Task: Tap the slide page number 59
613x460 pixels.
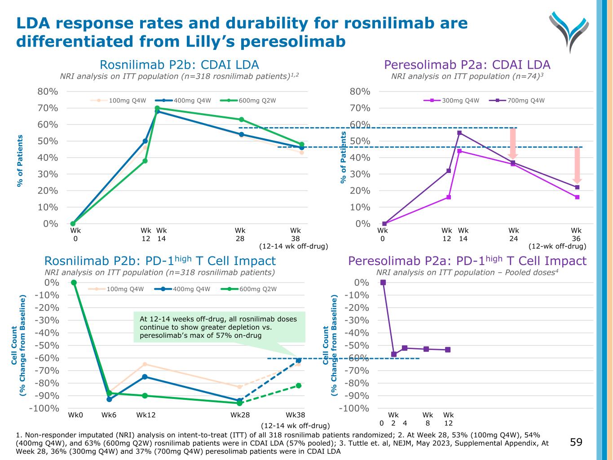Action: [x=576, y=442]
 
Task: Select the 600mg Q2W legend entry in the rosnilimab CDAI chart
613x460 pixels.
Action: [x=257, y=101]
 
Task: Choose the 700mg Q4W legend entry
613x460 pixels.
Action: [x=526, y=101]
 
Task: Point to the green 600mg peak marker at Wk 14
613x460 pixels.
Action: [x=157, y=108]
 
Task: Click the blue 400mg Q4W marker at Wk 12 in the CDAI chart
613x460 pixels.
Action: [x=145, y=141]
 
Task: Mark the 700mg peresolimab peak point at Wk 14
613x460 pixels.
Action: [x=459, y=133]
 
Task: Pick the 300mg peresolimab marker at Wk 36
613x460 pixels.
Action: [x=577, y=197]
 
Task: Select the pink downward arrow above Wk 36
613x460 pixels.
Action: [x=578, y=165]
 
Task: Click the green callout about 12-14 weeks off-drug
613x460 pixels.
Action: [x=219, y=327]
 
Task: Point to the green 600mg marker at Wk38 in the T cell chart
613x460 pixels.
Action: [x=298, y=385]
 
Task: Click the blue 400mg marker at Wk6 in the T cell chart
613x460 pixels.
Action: [x=109, y=399]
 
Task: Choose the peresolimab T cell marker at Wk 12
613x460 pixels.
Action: [x=448, y=349]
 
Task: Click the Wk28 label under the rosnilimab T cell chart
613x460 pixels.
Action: [x=240, y=415]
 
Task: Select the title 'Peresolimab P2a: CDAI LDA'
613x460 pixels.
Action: [x=467, y=65]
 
